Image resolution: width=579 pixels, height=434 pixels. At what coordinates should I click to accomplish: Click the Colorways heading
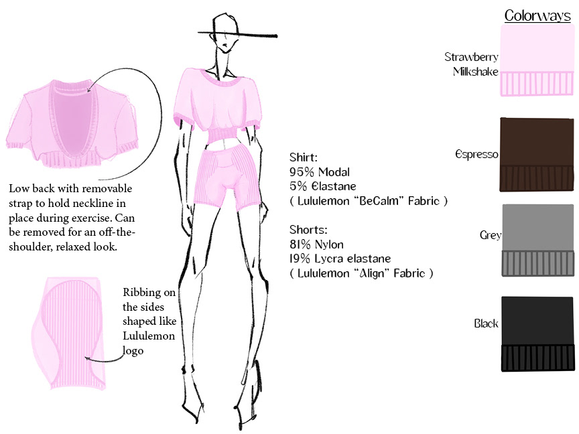coord(537,15)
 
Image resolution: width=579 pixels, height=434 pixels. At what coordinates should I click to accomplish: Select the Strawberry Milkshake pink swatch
coord(537,60)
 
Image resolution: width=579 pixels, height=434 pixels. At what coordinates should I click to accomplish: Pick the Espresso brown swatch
coord(537,154)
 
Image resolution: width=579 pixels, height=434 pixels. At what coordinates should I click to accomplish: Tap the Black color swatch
coord(537,334)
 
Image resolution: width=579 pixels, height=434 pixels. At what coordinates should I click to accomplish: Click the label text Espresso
coord(476,155)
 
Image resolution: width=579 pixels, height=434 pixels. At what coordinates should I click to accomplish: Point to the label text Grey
coord(490,235)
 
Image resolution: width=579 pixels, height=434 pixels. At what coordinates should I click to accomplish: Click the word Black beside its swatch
coord(487,323)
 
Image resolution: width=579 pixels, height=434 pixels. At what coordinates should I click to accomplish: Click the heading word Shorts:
coord(307,230)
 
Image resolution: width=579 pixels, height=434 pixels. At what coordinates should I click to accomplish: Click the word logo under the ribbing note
coord(134,351)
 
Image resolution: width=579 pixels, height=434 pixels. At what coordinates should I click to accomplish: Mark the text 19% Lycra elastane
coord(340,259)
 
